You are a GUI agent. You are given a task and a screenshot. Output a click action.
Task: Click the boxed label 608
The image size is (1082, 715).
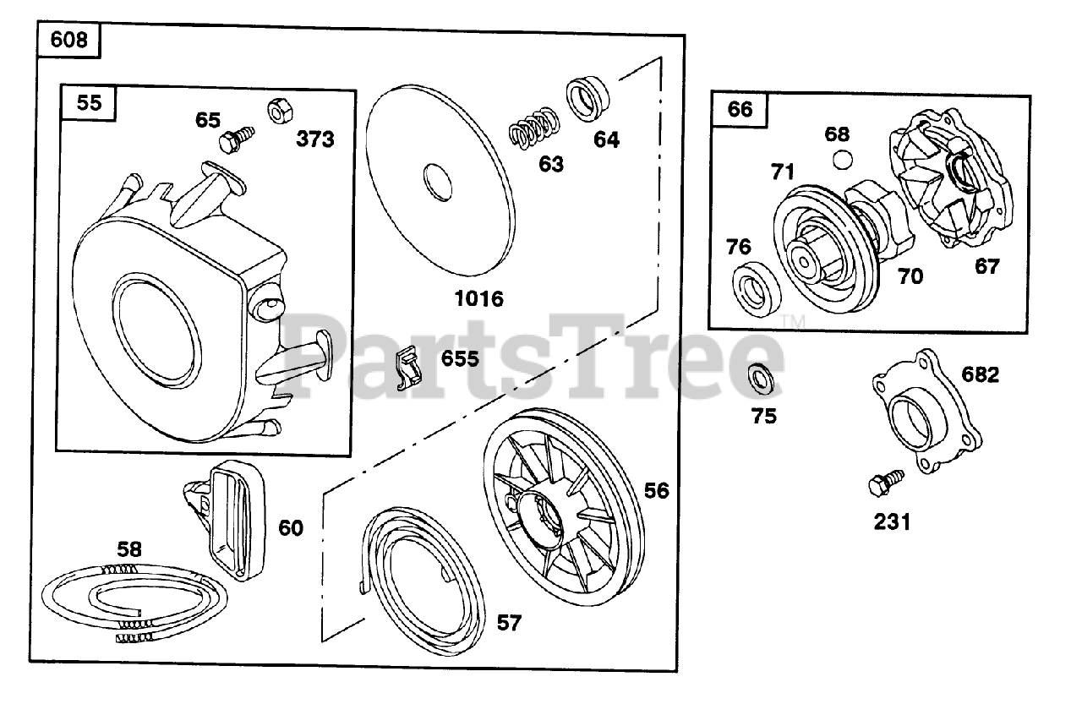[x=68, y=40]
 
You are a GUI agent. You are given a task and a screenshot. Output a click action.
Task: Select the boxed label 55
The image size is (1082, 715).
[x=89, y=102]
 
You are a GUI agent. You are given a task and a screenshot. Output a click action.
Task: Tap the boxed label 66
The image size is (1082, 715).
[x=740, y=108]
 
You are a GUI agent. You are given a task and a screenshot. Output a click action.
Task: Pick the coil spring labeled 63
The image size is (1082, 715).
[x=533, y=128]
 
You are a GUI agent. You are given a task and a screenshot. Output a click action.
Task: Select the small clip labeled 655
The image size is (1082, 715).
[x=408, y=369]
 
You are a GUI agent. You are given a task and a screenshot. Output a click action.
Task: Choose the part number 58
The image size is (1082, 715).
[x=129, y=549]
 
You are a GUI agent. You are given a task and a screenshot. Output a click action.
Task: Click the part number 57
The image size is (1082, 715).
[x=509, y=624]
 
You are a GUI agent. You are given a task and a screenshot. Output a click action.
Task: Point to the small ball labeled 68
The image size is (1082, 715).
[x=839, y=160]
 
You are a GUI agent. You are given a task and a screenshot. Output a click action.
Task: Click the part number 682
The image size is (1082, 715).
[x=981, y=374]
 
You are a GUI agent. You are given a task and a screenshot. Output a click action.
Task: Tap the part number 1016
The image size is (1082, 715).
[x=478, y=298]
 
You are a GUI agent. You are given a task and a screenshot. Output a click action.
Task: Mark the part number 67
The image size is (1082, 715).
[x=986, y=266]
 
